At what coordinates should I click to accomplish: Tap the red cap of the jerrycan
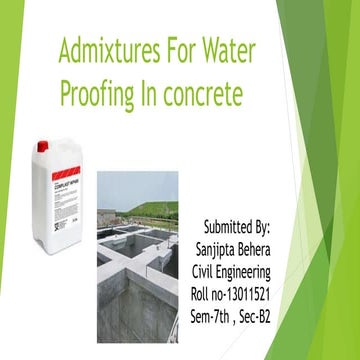coord(43,145)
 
